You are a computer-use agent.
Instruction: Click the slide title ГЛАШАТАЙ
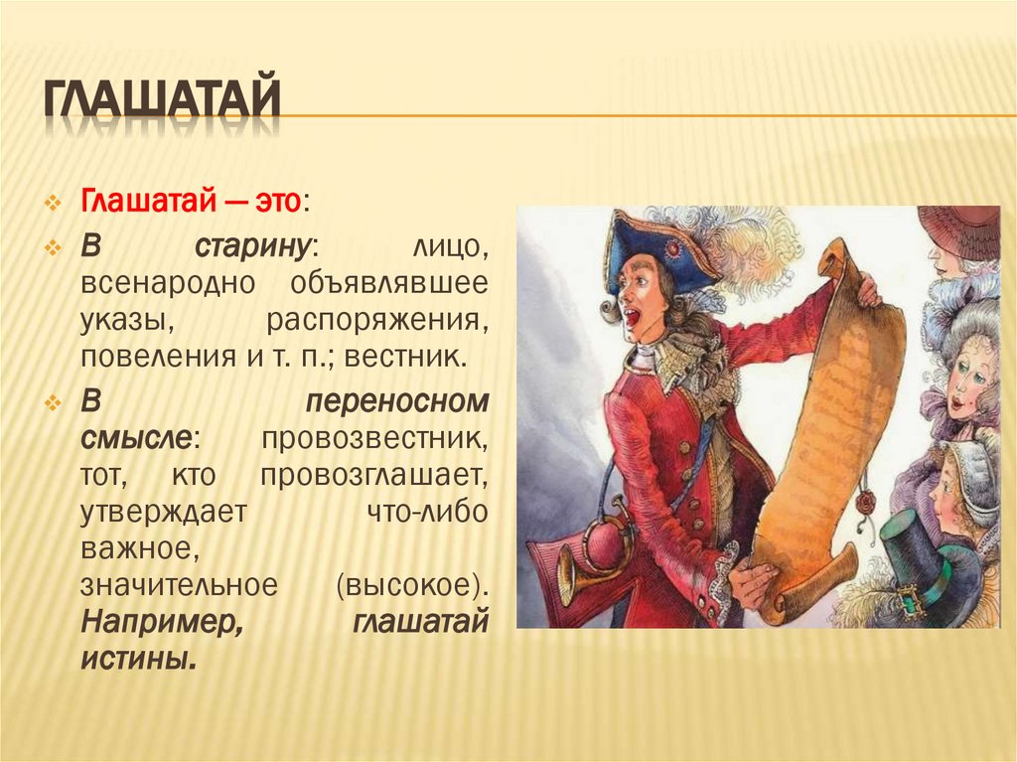pos(160,104)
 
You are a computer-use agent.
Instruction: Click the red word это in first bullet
pos(275,202)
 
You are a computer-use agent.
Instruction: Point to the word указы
pos(121,320)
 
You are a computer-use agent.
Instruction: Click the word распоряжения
pos(377,320)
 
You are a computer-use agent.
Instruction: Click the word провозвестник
pos(374,438)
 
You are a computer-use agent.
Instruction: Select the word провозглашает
pos(374,475)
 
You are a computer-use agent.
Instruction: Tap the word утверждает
pos(164,512)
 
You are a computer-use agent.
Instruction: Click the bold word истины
pos(136,659)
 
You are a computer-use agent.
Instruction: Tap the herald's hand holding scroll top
pos(866,289)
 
